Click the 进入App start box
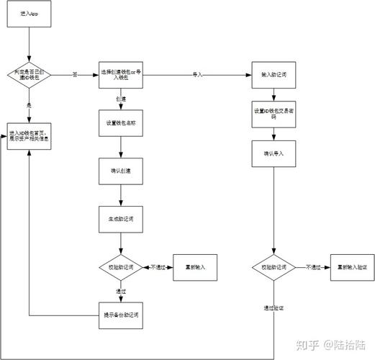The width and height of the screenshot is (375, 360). [29, 14]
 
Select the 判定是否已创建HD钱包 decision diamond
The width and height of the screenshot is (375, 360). [29, 73]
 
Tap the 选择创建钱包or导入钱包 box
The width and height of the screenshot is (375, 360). [120, 73]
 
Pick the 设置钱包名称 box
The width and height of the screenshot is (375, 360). [120, 122]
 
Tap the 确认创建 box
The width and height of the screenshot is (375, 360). [120, 170]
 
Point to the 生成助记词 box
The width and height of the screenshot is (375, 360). [120, 217]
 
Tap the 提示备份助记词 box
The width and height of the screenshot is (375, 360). [120, 315]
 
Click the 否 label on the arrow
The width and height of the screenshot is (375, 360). [74, 74]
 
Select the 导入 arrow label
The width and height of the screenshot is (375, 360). [196, 74]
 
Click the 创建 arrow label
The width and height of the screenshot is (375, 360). [120, 98]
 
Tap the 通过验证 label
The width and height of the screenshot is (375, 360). [274, 307]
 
